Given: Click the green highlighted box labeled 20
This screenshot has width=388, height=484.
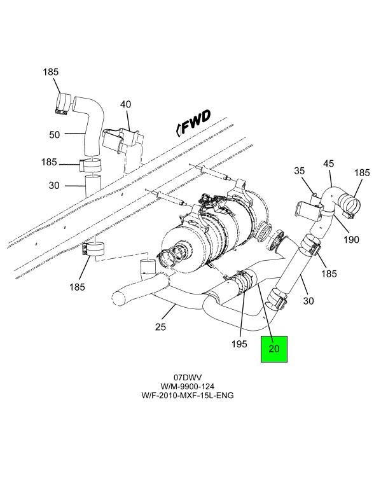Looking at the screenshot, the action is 274,349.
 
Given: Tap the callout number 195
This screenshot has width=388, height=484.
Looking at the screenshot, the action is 239,344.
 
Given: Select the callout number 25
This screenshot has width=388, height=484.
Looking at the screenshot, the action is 160,326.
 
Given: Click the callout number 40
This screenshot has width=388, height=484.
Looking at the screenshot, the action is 126,104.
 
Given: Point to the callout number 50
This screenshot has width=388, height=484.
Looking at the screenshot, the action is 55,135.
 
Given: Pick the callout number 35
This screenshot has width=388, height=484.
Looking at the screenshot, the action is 300,170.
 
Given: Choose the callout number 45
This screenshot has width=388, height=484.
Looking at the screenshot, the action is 328,163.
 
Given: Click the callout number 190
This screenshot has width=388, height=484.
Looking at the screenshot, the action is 351,240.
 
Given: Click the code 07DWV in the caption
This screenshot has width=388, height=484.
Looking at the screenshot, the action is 188,377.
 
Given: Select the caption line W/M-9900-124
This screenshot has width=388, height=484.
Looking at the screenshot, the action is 188,386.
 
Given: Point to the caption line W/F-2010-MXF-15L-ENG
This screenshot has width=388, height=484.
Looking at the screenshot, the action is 188,395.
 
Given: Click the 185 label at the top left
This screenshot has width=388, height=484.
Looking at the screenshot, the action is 51,72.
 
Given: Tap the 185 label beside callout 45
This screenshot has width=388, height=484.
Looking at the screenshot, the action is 362,172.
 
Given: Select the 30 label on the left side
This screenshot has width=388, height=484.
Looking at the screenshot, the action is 54,186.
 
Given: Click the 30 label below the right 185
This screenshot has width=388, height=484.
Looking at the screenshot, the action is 308,301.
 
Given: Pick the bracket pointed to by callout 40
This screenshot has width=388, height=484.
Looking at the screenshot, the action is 122,140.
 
